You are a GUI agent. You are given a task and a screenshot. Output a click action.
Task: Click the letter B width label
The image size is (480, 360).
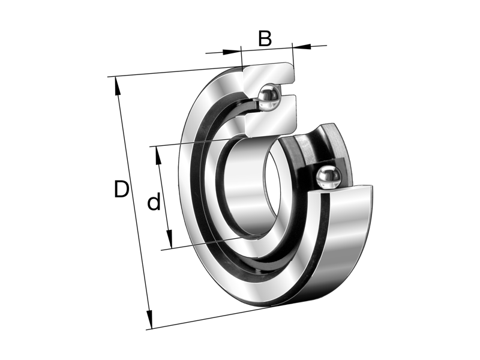265,38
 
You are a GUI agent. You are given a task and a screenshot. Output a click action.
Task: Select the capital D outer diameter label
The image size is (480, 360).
122,190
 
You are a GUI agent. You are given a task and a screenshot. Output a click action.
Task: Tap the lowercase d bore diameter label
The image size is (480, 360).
154,203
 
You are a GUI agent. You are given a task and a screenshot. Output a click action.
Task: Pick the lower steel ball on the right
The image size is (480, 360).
328,178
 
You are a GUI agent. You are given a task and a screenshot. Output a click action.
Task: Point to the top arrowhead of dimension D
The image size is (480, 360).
117,85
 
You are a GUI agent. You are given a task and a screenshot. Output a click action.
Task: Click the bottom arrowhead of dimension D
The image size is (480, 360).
149,322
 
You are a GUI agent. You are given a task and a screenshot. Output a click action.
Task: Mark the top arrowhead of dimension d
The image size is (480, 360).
158,154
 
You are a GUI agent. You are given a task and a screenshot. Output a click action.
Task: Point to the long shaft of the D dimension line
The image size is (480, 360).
133,204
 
